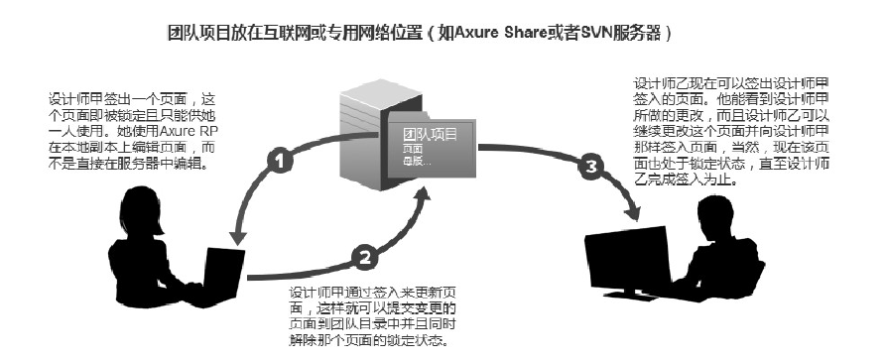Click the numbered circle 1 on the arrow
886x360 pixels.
[x=281, y=159]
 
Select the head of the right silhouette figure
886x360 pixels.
[x=720, y=212]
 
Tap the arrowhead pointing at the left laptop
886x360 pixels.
[x=236, y=237]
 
